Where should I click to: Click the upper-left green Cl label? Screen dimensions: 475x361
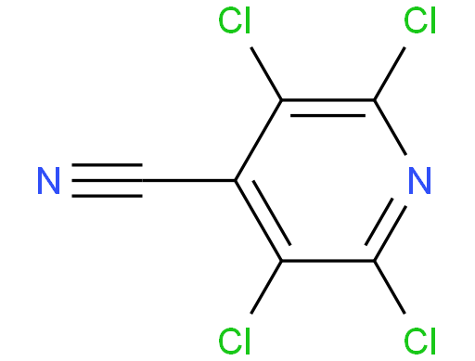click(x=234, y=20)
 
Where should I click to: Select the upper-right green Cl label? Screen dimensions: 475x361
click(x=419, y=20)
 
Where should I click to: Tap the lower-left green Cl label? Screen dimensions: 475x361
click(x=234, y=342)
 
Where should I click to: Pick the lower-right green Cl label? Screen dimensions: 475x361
click(x=419, y=342)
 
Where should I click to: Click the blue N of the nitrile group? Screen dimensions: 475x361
click(x=48, y=181)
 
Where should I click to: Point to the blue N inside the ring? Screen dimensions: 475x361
click(x=419, y=181)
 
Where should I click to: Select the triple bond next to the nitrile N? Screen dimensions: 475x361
click(x=107, y=180)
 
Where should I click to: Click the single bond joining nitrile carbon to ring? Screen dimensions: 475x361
click(x=188, y=180)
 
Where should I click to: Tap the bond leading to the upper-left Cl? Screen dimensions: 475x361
click(x=266, y=73)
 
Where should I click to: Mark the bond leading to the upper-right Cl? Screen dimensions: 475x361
click(x=390, y=73)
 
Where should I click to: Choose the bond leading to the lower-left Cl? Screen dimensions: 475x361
click(x=266, y=288)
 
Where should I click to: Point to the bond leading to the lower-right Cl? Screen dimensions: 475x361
click(x=390, y=288)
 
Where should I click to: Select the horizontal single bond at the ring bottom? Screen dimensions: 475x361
click(x=327, y=261)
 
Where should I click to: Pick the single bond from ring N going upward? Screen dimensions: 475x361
click(x=390, y=127)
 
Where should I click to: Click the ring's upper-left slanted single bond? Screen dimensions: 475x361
click(x=258, y=140)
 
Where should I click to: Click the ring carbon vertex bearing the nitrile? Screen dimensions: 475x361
click(x=236, y=180)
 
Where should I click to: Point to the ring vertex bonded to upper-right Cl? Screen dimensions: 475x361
click(x=374, y=100)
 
